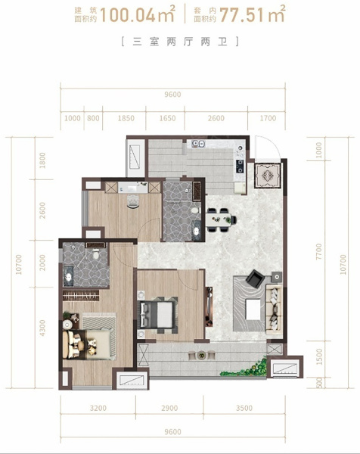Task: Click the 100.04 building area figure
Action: pyautogui.click(x=129, y=15)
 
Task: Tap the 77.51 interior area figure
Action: pyautogui.click(x=242, y=15)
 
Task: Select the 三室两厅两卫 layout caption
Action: pyautogui.click(x=180, y=42)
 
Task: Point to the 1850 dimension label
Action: pyautogui.click(x=126, y=118)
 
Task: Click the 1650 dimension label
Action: pyautogui.click(x=167, y=118)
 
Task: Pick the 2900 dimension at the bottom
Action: pyautogui.click(x=169, y=408)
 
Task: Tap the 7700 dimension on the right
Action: pyautogui.click(x=318, y=252)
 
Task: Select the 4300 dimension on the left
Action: pyautogui.click(x=42, y=328)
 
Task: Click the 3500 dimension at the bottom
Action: pyautogui.click(x=244, y=408)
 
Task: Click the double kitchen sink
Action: pyautogui.click(x=199, y=143)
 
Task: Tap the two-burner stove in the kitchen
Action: pyautogui.click(x=240, y=166)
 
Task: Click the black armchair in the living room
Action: pyautogui.click(x=255, y=278)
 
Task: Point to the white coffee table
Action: pyautogui.click(x=253, y=309)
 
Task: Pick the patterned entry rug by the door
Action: pyautogui.click(x=268, y=176)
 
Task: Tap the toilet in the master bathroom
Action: pyautogui.click(x=96, y=255)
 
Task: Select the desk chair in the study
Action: pyautogui.click(x=133, y=201)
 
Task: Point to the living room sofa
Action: pyautogui.click(x=274, y=309)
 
